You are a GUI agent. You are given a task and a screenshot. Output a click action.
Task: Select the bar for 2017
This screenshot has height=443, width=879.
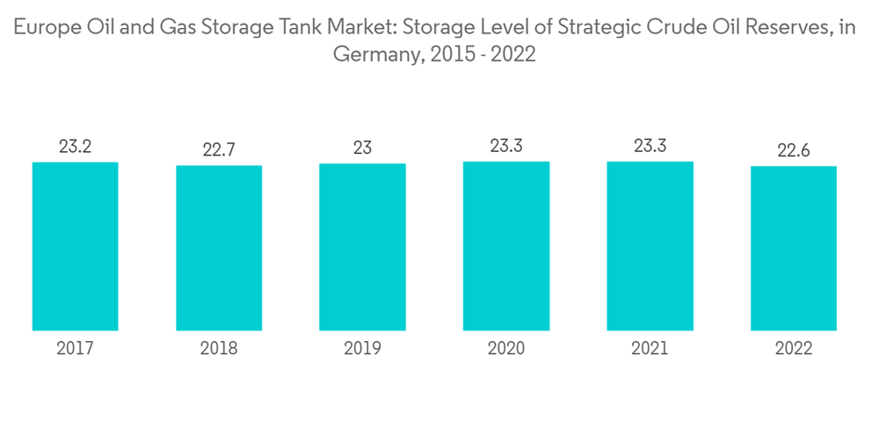[x=75, y=246]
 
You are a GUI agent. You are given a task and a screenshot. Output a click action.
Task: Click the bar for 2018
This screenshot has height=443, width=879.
[x=219, y=248]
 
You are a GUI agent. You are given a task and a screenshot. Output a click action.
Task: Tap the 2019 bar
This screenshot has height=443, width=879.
[x=362, y=247]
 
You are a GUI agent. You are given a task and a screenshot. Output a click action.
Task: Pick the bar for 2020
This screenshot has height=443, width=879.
[x=506, y=246]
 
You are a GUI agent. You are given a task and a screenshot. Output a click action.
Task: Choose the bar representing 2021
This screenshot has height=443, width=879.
[x=650, y=246]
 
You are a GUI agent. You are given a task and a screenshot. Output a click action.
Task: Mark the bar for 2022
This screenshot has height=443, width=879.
[x=794, y=249]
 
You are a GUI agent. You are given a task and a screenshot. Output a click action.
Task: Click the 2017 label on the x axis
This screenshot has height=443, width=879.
[x=75, y=349]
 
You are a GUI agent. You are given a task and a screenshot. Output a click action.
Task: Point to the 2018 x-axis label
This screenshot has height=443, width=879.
[x=219, y=349]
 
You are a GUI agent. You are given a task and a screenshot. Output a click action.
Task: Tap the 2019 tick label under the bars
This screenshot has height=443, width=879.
[x=362, y=349]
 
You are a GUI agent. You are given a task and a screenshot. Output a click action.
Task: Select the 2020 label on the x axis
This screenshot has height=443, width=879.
[x=506, y=349]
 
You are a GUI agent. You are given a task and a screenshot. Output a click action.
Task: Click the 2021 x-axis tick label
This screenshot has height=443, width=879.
[x=650, y=349]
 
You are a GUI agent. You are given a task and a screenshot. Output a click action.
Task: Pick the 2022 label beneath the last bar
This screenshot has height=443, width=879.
[x=794, y=349]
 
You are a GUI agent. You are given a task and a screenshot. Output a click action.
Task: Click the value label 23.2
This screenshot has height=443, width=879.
[x=75, y=146]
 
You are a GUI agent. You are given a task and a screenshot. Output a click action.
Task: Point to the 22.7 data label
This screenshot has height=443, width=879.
[x=219, y=150]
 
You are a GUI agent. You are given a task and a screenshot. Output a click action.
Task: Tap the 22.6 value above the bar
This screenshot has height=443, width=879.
[x=794, y=151]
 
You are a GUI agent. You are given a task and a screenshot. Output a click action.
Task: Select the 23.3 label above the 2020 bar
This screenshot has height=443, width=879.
[x=506, y=146]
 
